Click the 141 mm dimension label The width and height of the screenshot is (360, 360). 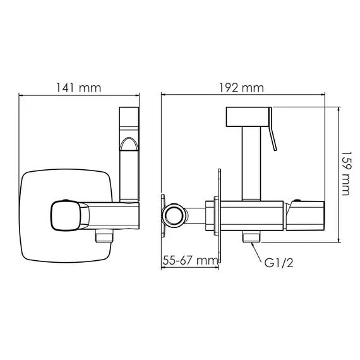(78, 88)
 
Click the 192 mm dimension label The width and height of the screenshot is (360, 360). (241, 88)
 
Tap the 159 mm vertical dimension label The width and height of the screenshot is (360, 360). (347, 173)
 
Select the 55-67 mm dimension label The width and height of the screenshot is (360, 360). (190, 260)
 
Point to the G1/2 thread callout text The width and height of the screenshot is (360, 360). (279, 263)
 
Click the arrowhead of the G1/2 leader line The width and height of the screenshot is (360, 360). (253, 244)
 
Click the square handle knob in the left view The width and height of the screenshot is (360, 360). (66, 215)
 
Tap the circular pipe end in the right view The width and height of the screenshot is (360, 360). (174, 215)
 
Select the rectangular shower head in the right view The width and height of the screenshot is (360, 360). (248, 117)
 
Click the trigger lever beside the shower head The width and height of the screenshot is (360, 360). (272, 129)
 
